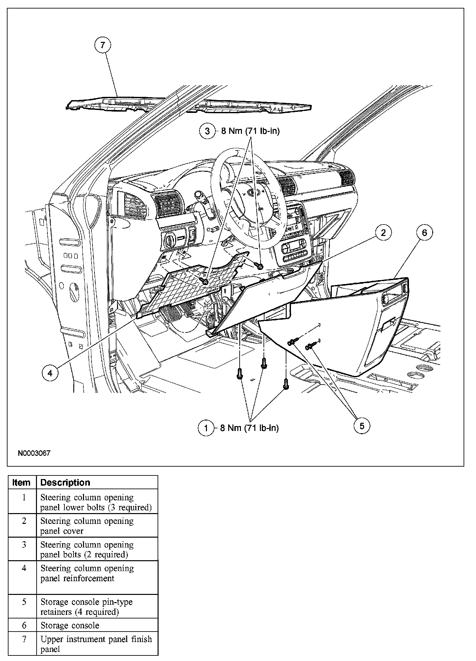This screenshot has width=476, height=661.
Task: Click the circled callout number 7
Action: tap(103, 45)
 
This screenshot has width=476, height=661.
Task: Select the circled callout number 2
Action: tap(383, 233)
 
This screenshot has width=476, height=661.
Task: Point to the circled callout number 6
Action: tap(424, 233)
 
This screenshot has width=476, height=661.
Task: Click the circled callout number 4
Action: tap(50, 373)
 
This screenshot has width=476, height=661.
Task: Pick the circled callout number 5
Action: tap(362, 426)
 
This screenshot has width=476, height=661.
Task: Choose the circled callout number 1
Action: tap(206, 428)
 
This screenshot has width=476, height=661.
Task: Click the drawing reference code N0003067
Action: tap(34, 454)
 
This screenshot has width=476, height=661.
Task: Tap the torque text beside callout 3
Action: tap(250, 131)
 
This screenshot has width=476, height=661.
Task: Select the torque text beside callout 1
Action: tap(249, 428)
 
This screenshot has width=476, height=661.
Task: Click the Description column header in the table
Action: tap(65, 483)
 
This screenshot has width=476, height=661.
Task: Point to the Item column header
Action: tap(22, 483)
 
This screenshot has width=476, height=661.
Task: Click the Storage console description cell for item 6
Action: tap(70, 626)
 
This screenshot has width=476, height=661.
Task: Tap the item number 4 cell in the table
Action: tap(24, 568)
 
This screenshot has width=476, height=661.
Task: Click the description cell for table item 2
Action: tap(87, 526)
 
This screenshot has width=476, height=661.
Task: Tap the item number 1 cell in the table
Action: tap(24, 498)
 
